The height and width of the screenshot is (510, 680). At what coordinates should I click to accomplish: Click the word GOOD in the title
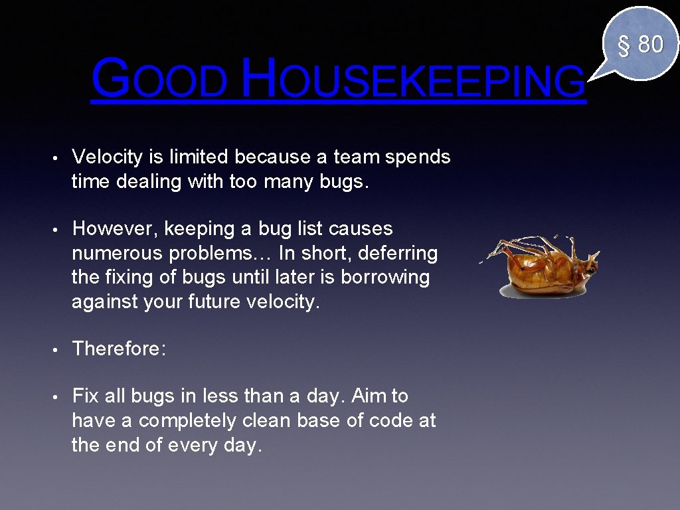pos(159,78)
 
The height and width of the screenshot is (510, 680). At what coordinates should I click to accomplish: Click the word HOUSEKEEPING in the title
pos(413,78)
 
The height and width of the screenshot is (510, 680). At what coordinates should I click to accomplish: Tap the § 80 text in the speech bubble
pos(641,44)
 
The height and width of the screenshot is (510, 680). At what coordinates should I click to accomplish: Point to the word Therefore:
pos(119,349)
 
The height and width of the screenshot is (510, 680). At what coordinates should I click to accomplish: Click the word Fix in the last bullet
pos(85,396)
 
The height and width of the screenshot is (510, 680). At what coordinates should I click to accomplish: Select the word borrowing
pos(384,277)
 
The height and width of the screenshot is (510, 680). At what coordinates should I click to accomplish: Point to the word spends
pos(418,157)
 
